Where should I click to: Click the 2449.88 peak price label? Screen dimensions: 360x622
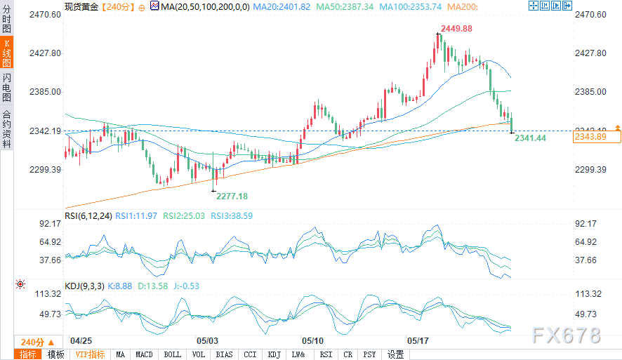[456, 29]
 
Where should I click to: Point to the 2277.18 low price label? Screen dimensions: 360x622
[232, 196]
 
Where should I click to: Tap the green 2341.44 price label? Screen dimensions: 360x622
[530, 138]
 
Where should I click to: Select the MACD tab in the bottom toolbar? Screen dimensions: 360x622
[144, 354]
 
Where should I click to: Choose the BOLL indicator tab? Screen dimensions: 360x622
[172, 354]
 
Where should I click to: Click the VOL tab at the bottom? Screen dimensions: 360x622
[199, 354]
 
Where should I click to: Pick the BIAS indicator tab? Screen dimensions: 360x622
[225, 354]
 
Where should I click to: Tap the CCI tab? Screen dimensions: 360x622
[250, 354]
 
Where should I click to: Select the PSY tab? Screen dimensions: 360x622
[370, 354]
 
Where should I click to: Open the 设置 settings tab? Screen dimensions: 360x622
[395, 354]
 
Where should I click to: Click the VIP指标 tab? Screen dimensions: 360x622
[90, 354]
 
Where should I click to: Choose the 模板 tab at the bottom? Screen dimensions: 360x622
[55, 354]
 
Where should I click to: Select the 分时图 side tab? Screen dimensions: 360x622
[7, 20]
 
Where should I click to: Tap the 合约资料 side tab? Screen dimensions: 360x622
[7, 129]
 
